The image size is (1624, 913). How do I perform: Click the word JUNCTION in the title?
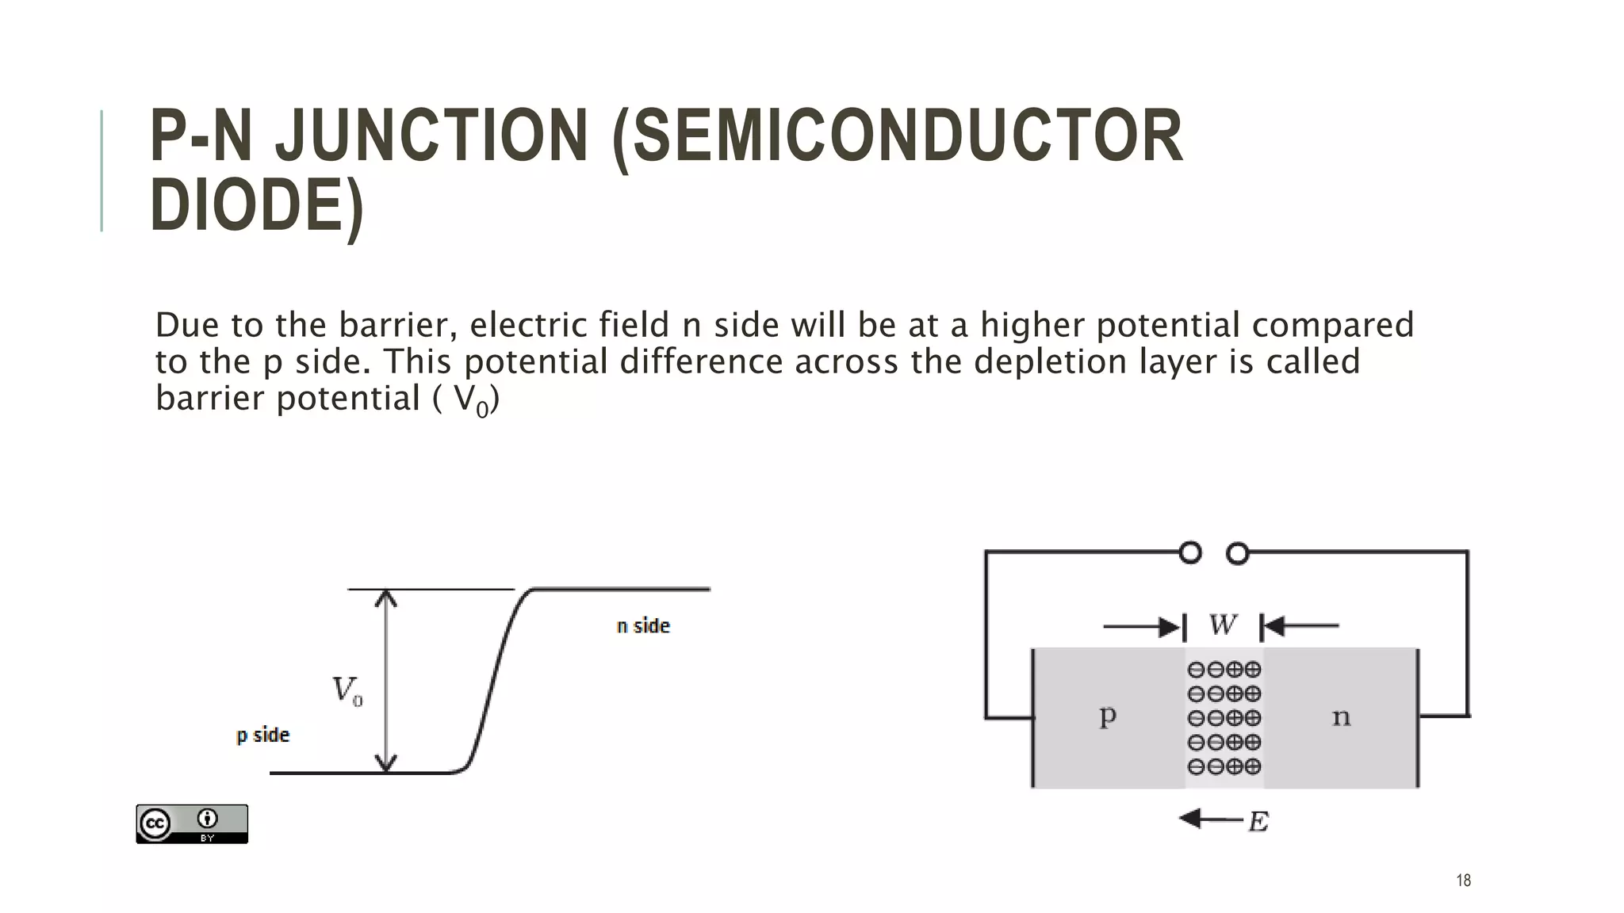[x=431, y=136]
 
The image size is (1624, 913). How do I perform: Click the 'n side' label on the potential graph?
[x=643, y=626]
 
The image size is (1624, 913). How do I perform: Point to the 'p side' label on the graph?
[x=263, y=735]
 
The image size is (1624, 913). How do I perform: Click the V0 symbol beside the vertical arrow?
[x=347, y=690]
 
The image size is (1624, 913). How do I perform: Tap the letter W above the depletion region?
[x=1223, y=625]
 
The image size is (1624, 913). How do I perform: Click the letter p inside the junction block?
[x=1108, y=716]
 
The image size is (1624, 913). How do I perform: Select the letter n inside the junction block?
[x=1341, y=718]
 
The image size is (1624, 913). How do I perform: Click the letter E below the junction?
[x=1258, y=822]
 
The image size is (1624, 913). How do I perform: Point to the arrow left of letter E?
[x=1210, y=819]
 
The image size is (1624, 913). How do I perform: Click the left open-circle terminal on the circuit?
[x=1190, y=552]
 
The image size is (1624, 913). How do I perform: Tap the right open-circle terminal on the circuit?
[x=1238, y=553]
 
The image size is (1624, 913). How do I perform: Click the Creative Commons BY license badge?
[x=192, y=824]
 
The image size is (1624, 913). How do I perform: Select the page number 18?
[x=1464, y=881]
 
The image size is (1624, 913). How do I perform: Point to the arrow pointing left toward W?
[x=1301, y=627]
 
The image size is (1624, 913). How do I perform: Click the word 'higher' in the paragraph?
[x=1032, y=326]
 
